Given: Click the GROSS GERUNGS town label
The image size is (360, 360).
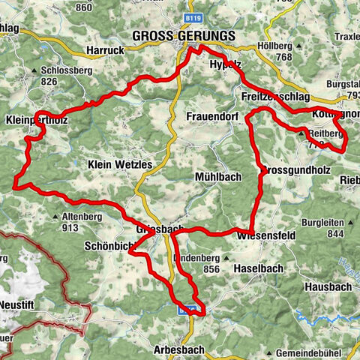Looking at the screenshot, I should (x=183, y=36).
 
